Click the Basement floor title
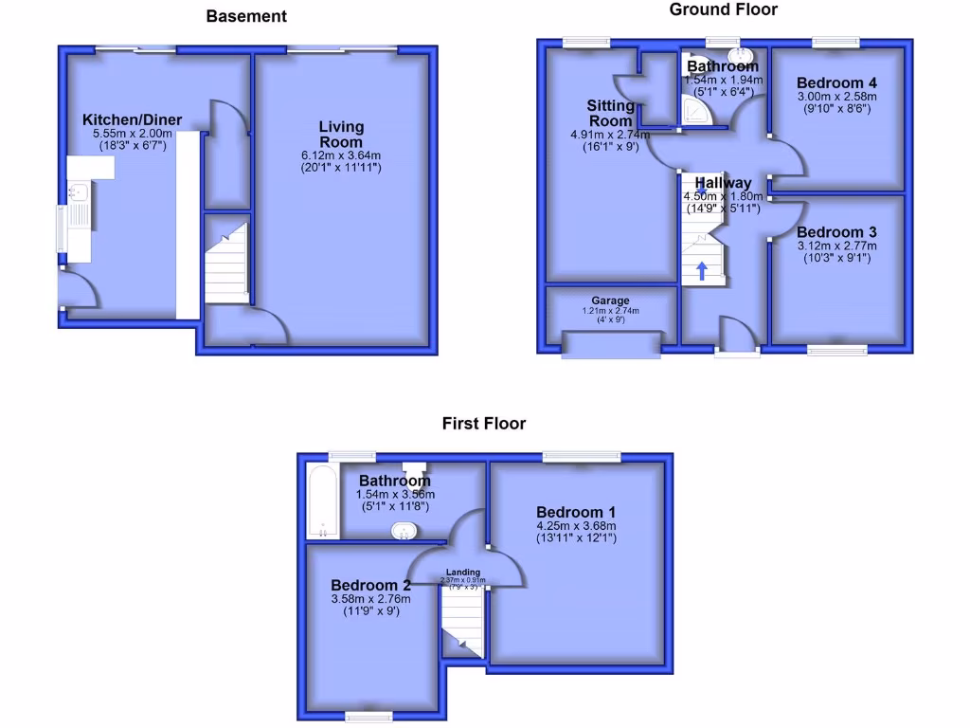tap(246, 16)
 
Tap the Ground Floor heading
tap(723, 9)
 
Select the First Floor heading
tap(483, 424)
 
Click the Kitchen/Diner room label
tap(132, 120)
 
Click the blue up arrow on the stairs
tap(702, 272)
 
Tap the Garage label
tap(611, 300)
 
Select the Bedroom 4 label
tap(831, 82)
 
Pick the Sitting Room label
tap(610, 113)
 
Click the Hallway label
tap(723, 183)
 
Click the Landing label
tap(463, 573)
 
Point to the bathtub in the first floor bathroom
tap(321, 502)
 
